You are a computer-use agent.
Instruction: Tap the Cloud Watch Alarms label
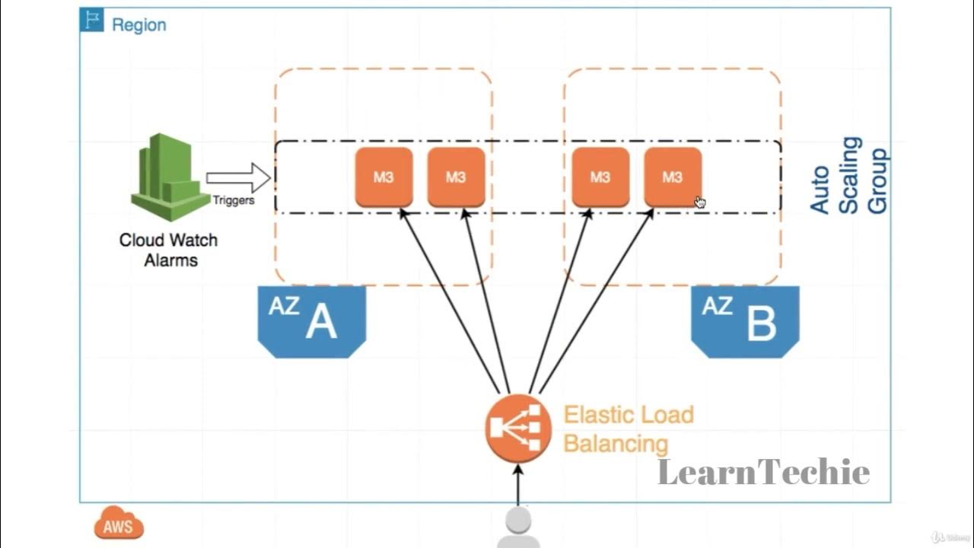pos(169,250)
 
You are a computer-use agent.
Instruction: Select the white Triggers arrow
pos(238,178)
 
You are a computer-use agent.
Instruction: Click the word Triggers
pos(234,201)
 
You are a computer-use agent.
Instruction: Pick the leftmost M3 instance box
pos(384,177)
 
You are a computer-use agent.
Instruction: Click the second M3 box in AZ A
pos(456,177)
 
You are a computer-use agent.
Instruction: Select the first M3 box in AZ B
pos(600,177)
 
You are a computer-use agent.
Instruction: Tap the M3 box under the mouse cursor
pos(673,177)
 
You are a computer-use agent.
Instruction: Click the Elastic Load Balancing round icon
pos(518,429)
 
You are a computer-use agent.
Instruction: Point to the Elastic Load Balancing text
pos(629,429)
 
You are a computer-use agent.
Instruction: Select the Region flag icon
pos(92,21)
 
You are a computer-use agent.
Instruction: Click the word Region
pos(138,24)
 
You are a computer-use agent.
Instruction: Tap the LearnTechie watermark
pos(763,472)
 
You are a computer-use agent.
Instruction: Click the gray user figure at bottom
pos(518,528)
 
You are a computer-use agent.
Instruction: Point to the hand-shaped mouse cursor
pos(700,202)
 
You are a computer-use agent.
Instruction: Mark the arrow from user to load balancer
pos(518,485)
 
